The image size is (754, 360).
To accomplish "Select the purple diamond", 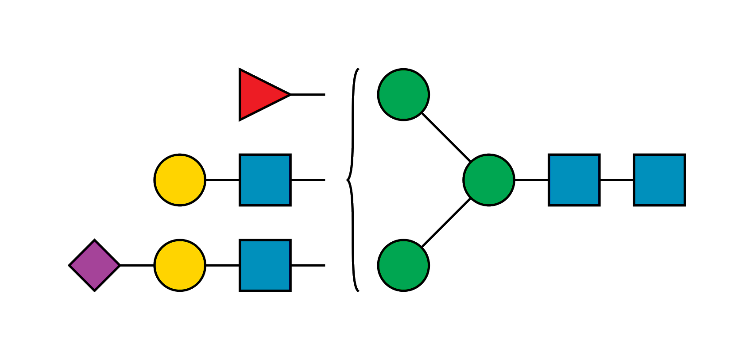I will pos(95,265).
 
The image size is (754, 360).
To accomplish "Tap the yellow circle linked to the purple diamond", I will pos(180,265).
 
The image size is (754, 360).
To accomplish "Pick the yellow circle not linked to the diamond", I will pos(180,180).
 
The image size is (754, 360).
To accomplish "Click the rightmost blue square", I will pos(659,180).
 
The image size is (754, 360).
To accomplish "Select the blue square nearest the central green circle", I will pos(574,180).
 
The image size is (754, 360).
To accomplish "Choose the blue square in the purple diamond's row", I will pos(265,265).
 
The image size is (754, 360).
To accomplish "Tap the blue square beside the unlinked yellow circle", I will pos(265,180).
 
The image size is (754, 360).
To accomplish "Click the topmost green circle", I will pos(403,94).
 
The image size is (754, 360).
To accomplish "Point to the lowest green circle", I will pos(403,265).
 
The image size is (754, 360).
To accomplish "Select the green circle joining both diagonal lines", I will pos(489,180).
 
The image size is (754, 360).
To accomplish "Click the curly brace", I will pos(353,180).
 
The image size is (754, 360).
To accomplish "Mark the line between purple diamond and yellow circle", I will pos(137,265).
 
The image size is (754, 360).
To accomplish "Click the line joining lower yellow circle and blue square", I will pos(222,265).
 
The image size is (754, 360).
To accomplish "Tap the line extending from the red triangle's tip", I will pos(308,95).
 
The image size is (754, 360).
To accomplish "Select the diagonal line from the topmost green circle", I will pos(445,137).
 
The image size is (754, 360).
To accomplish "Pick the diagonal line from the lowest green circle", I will pos(445,223).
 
